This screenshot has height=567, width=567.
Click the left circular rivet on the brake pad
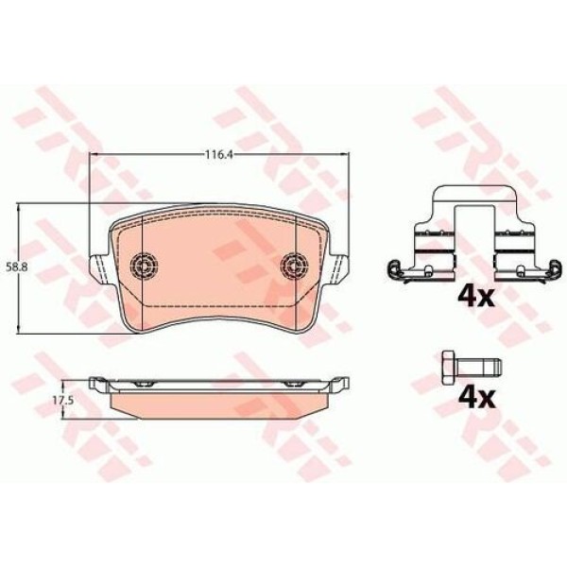click(145, 265)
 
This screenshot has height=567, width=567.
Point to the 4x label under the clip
click(475, 298)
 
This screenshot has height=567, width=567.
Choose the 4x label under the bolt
click(475, 396)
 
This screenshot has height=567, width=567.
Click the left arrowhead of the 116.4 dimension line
click(93, 157)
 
